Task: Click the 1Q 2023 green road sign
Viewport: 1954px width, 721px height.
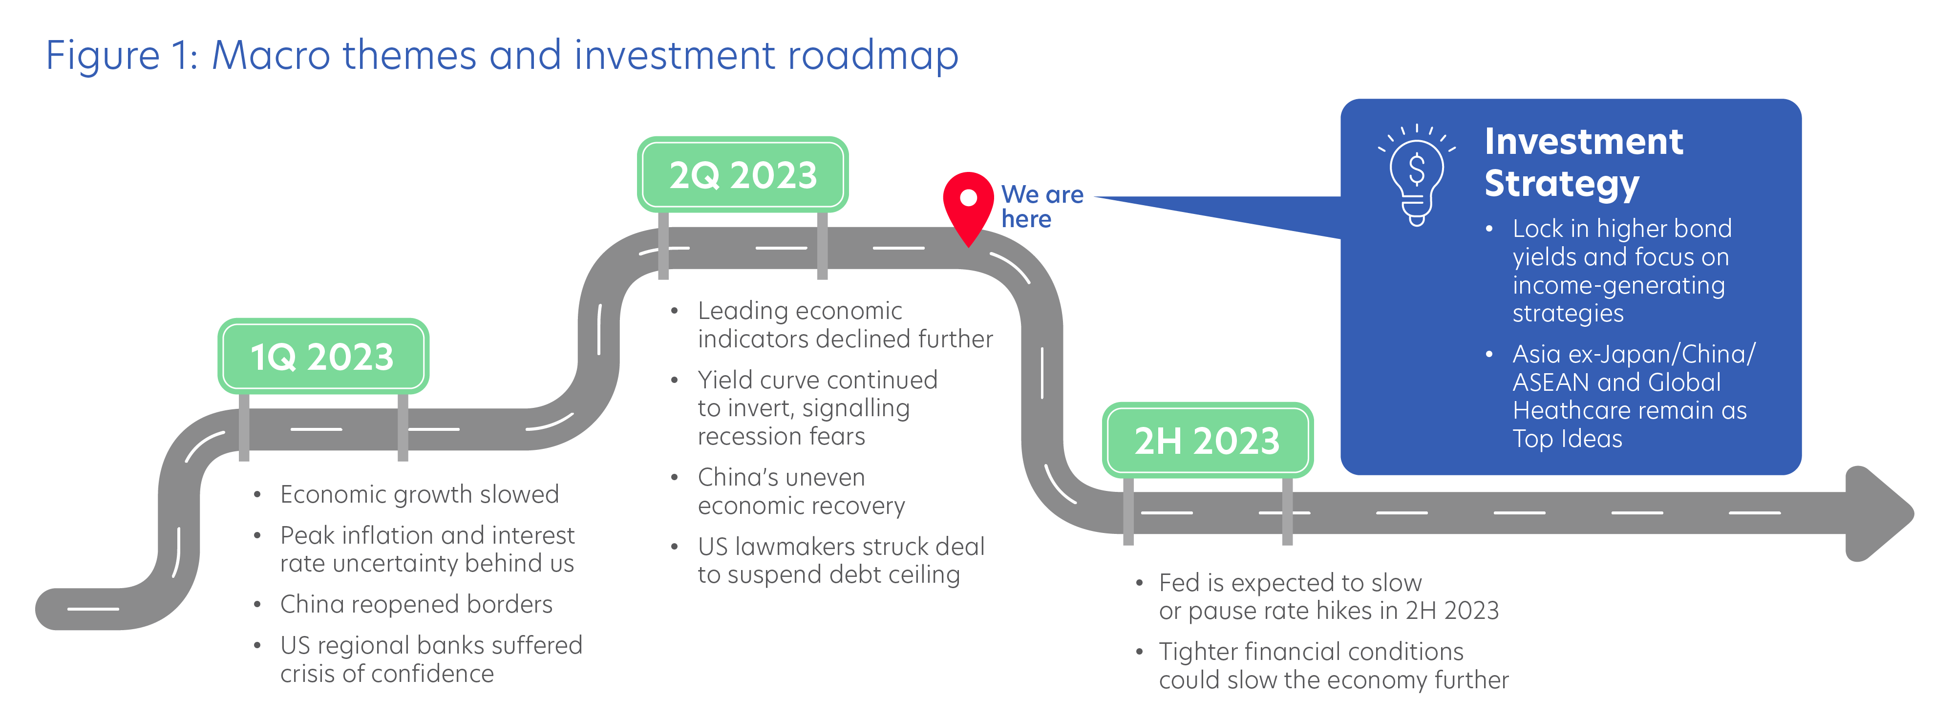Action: pos(323,356)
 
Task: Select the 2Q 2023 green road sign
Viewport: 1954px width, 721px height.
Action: pos(743,174)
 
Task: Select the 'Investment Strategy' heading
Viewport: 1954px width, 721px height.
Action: pos(1584,162)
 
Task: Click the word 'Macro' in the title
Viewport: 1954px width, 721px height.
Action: pos(270,55)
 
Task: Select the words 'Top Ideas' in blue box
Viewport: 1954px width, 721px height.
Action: pos(1567,439)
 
